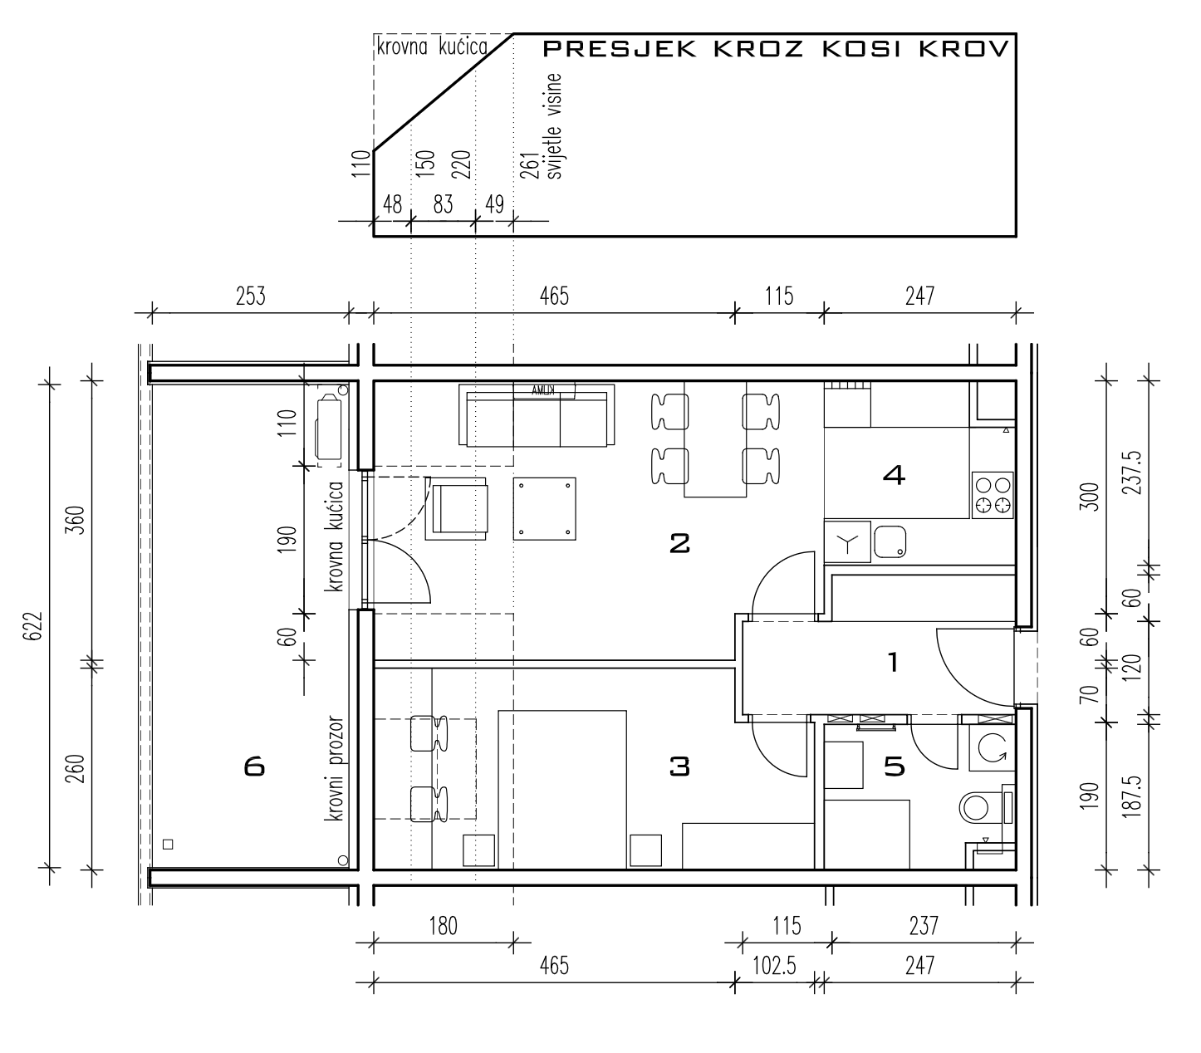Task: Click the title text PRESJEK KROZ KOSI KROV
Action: [x=776, y=49]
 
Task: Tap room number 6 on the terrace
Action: [x=254, y=767]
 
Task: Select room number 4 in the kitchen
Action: [x=894, y=475]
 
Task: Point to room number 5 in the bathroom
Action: [x=894, y=766]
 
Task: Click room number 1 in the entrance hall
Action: [x=893, y=662]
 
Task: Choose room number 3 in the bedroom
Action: [x=679, y=766]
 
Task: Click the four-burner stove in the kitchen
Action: [x=993, y=495]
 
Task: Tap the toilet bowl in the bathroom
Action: [x=975, y=807]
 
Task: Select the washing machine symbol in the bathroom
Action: [x=992, y=748]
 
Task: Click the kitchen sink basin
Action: [x=890, y=542]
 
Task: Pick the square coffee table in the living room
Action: [x=544, y=509]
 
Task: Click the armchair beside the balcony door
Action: [x=456, y=509]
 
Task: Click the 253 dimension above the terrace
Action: [x=250, y=296]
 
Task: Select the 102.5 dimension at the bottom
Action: [x=774, y=967]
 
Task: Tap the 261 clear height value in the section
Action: [x=529, y=164]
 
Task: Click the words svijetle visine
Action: [x=553, y=126]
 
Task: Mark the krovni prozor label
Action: [x=334, y=768]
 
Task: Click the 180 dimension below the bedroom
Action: [x=443, y=926]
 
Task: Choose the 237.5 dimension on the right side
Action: [x=1131, y=473]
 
